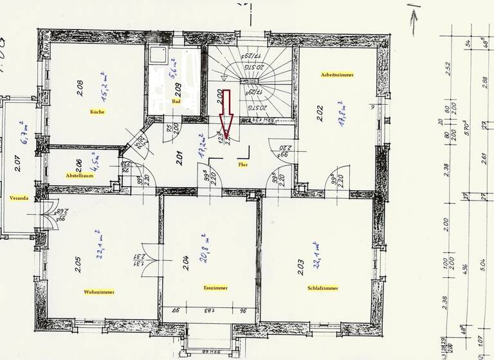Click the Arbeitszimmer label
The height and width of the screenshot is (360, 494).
tap(338, 75)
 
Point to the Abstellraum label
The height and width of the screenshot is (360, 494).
tap(80, 175)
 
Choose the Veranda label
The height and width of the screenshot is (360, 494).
tap(19, 198)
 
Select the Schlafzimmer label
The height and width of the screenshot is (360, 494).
tap(324, 288)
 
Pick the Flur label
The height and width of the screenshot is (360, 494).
tap(242, 164)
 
